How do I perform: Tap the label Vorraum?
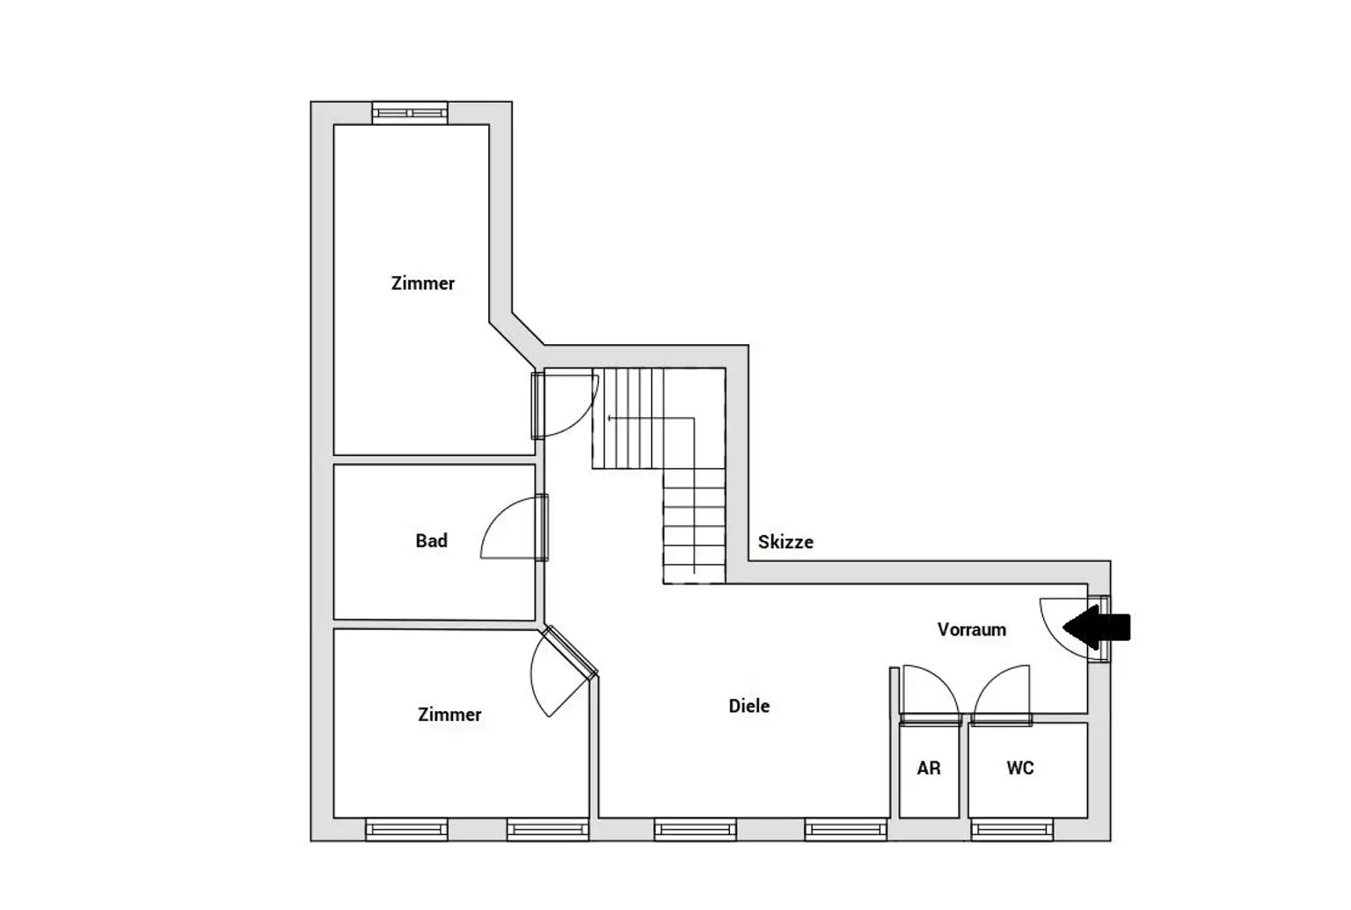coord(971,629)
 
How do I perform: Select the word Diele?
coord(749,706)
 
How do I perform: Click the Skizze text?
coord(785,542)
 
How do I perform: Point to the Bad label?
coord(431,540)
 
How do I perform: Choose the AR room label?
coord(928,768)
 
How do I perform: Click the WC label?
coord(1019,768)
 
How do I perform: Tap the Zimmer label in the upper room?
coord(423,283)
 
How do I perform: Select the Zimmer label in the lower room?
coord(449,715)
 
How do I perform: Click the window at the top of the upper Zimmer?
coord(410,113)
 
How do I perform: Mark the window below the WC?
coord(1011,829)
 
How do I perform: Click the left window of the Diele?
coord(695,829)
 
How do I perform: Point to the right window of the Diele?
coord(845,829)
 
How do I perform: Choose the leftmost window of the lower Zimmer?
coord(406,829)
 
